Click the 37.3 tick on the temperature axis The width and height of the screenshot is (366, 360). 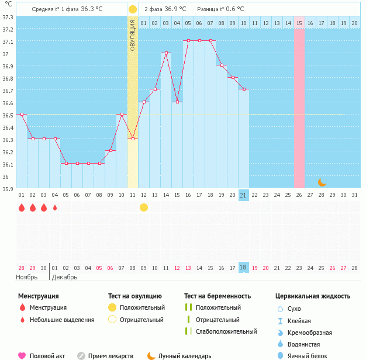click(8, 17)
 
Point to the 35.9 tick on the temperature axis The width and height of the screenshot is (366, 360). click(8, 189)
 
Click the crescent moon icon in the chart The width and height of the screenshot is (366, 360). click(322, 182)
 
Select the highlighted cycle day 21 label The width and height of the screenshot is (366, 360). click(244, 195)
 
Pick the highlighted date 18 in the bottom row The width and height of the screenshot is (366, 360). click(244, 268)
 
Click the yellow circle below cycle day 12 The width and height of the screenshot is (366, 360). click(144, 207)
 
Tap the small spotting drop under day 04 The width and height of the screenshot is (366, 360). click(55, 207)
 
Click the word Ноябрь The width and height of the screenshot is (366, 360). click(27, 277)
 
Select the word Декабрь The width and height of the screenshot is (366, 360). click(65, 277)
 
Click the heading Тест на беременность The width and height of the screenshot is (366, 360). click(217, 296)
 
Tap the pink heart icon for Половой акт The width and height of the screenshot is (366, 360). click(22, 356)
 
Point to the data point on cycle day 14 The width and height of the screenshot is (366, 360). click(166, 53)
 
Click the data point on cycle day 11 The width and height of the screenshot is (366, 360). click(133, 139)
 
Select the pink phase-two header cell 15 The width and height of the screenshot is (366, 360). click(299, 23)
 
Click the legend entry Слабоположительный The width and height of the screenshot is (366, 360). click(226, 331)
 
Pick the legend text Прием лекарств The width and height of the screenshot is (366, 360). click(111, 356)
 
